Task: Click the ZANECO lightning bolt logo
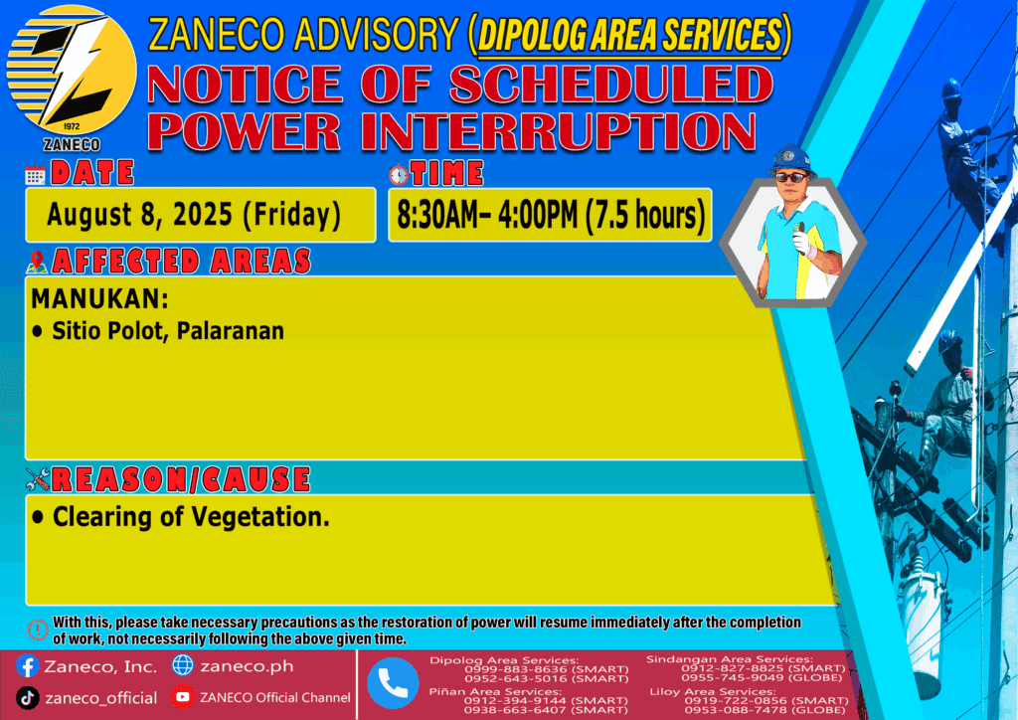(x=72, y=71)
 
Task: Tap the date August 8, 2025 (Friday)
(x=194, y=215)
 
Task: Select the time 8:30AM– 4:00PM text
(x=487, y=215)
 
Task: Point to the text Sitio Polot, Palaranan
(x=168, y=330)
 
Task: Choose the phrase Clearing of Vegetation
(x=191, y=517)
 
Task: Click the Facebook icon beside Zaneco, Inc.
(x=27, y=666)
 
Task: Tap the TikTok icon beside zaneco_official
(x=27, y=698)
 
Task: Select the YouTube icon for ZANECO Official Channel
(x=183, y=697)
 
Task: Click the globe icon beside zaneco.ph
(x=183, y=665)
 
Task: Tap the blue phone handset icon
(x=393, y=683)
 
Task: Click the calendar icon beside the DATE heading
(x=35, y=175)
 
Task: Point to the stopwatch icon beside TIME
(x=399, y=174)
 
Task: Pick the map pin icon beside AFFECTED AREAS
(x=37, y=262)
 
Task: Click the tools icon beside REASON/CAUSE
(x=38, y=479)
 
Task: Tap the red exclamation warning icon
(x=38, y=630)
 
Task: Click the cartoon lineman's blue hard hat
(x=791, y=160)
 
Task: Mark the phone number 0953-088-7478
(x=731, y=710)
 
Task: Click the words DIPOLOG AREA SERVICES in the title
(x=629, y=35)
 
